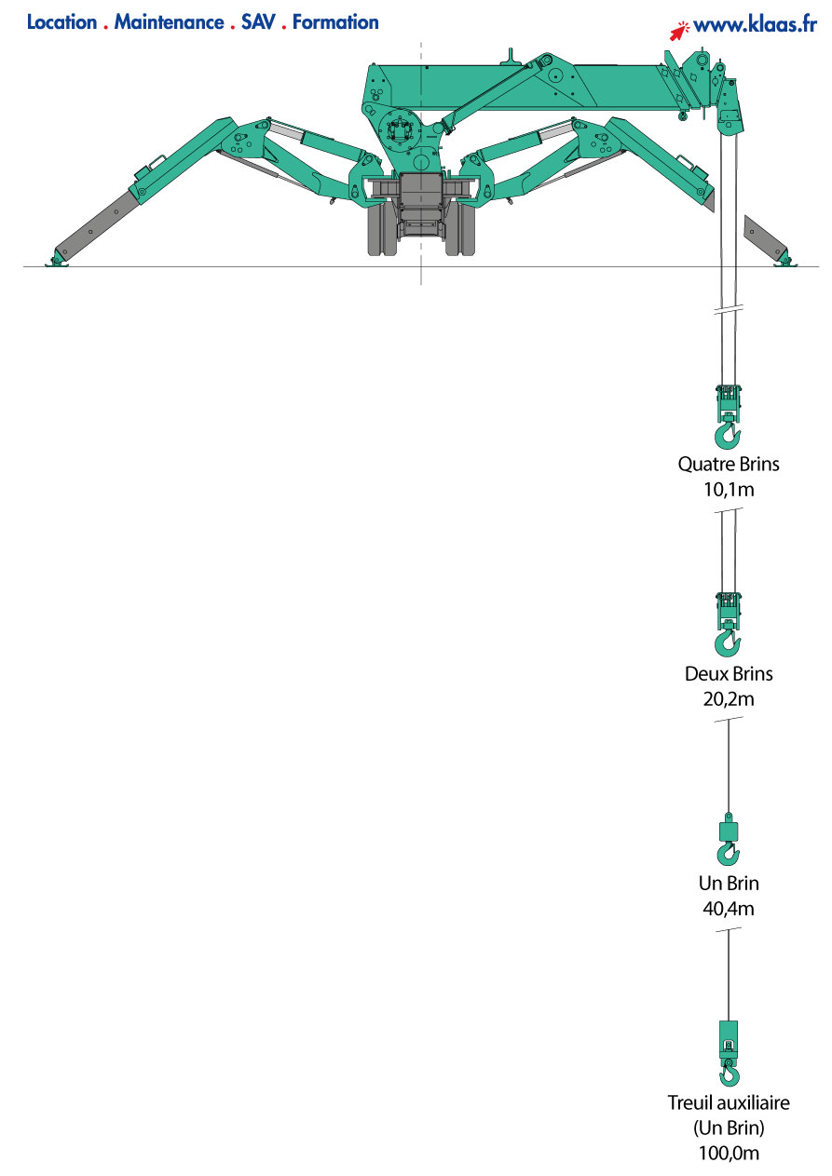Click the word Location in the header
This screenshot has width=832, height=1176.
click(62, 22)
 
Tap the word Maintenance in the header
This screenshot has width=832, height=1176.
click(169, 22)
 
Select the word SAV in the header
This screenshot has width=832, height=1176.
click(257, 22)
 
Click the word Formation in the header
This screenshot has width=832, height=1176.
click(335, 22)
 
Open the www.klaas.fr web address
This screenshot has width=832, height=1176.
click(755, 26)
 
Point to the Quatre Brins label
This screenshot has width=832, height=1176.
click(729, 463)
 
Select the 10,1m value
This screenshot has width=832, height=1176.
click(729, 489)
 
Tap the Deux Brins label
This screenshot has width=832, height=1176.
click(729, 673)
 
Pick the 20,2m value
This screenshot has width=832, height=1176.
click(729, 699)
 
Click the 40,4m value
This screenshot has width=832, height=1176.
click(729, 909)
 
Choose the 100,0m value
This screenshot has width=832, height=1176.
click(729, 1153)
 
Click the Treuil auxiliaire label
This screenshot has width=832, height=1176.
click(729, 1102)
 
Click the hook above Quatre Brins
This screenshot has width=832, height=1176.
click(728, 435)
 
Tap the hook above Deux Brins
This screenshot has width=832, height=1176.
click(728, 643)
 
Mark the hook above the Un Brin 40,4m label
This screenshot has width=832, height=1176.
click(728, 853)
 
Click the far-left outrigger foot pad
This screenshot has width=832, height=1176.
click(58, 262)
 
